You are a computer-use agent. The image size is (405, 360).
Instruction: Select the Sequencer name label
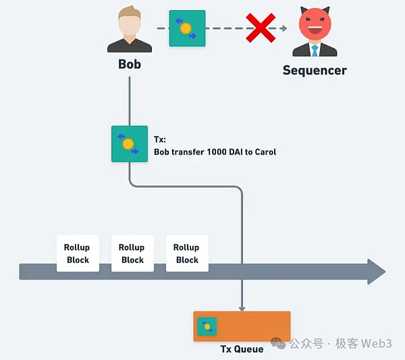tap(315, 70)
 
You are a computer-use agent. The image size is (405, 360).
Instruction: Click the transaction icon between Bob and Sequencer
tap(187, 28)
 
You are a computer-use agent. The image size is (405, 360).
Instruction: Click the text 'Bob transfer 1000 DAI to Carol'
tap(215, 152)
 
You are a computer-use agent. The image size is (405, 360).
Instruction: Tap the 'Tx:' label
tap(160, 140)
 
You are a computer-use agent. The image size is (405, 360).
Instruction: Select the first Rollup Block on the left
tap(78, 253)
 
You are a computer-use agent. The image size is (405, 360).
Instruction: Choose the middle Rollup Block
tap(132, 253)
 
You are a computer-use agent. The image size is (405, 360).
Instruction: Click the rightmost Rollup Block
tap(187, 253)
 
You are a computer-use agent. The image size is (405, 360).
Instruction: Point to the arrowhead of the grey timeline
tap(375, 272)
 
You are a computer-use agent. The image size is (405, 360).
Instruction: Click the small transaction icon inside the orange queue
tap(207, 327)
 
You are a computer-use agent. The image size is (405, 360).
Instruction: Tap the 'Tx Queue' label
tap(242, 349)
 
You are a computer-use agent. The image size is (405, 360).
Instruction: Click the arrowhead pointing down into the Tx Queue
tap(242, 307)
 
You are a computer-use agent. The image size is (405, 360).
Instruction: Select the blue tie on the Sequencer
tap(315, 51)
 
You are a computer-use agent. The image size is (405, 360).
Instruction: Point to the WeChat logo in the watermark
tap(279, 343)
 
